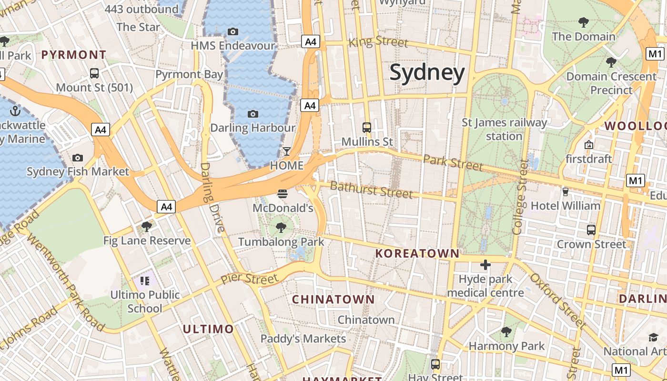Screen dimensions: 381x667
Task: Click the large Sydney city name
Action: pyautogui.click(x=427, y=73)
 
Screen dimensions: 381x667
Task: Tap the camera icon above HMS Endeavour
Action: pyautogui.click(x=233, y=32)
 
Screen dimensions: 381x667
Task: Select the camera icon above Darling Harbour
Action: pyautogui.click(x=253, y=114)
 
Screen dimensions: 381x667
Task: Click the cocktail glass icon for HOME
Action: pyautogui.click(x=286, y=151)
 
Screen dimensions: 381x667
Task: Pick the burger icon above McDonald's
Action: pyautogui.click(x=283, y=194)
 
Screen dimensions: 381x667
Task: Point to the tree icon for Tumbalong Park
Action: pyautogui.click(x=281, y=228)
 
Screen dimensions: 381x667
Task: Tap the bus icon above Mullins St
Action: pyautogui.click(x=367, y=128)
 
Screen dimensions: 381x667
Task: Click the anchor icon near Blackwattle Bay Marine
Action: pyautogui.click(x=16, y=111)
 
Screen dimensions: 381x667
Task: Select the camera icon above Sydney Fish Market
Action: pyautogui.click(x=78, y=158)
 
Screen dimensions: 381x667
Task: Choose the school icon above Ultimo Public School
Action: pyautogui.click(x=145, y=281)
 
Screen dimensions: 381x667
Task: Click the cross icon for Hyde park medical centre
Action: pyautogui.click(x=485, y=265)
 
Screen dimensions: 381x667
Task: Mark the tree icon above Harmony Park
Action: pyautogui.click(x=506, y=332)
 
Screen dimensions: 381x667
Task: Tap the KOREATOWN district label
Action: pyautogui.click(x=417, y=253)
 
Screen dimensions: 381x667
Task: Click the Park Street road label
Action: pyautogui.click(x=453, y=162)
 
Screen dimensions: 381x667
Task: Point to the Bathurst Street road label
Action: pyautogui.click(x=371, y=190)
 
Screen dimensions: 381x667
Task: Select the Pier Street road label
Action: pyautogui.click(x=249, y=279)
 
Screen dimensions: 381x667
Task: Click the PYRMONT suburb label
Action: pyautogui.click(x=73, y=55)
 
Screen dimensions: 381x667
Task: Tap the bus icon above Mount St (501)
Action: pyautogui.click(x=94, y=73)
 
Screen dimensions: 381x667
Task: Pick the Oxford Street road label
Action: pyautogui.click(x=557, y=300)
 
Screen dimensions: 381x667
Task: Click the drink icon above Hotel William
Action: pyautogui.click(x=566, y=191)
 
